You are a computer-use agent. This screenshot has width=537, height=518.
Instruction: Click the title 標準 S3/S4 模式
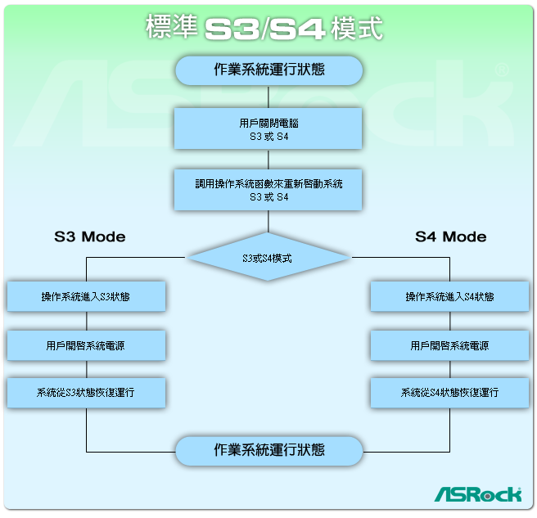(x=264, y=28)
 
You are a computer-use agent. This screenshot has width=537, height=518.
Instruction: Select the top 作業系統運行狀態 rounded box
(x=268, y=70)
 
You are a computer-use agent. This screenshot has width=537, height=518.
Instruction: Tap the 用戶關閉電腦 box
(x=268, y=128)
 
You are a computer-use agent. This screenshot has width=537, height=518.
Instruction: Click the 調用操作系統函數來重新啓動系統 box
(x=268, y=190)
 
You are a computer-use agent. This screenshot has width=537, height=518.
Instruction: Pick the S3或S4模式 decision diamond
(x=268, y=258)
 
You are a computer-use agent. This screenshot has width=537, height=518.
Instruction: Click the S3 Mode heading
(x=90, y=236)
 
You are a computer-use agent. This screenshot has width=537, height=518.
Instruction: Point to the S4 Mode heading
(x=450, y=236)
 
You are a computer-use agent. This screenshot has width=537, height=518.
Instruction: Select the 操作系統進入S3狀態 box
(x=86, y=296)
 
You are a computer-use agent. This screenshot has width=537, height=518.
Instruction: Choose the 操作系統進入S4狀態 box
(x=449, y=296)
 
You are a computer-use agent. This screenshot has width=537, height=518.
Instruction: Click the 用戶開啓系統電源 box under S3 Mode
(x=86, y=345)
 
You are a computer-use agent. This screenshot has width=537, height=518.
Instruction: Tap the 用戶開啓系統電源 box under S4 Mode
(x=449, y=345)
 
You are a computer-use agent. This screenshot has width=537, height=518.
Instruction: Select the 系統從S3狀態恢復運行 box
(x=86, y=393)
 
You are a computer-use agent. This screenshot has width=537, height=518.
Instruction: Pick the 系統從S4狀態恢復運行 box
(x=449, y=393)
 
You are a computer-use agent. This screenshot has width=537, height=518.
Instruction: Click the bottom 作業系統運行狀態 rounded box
(x=268, y=450)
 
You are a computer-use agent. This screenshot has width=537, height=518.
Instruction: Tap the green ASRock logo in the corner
(x=477, y=493)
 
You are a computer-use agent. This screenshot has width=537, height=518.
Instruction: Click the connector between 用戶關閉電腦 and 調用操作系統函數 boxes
(x=268, y=160)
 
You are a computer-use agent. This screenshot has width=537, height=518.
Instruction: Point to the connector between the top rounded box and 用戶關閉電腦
(x=268, y=97)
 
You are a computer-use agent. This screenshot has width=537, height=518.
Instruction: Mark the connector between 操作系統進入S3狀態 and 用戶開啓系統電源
(x=86, y=321)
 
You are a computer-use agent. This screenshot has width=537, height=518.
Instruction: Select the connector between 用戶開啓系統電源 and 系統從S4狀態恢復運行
(x=449, y=369)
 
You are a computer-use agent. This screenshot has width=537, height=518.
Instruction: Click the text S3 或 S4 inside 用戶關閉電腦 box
(x=268, y=137)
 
